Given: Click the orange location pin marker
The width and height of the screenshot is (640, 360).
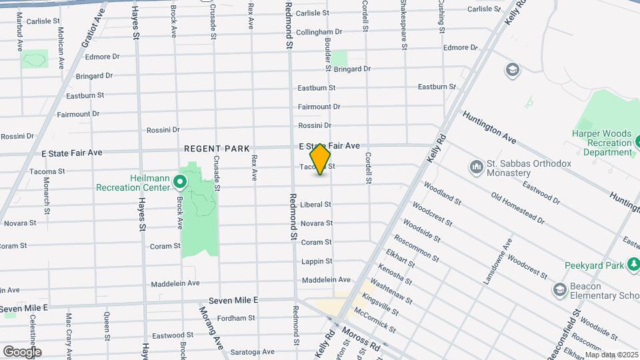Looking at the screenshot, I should point(321,159).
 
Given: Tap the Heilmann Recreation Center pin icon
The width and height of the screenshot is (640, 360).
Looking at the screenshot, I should point(179,181).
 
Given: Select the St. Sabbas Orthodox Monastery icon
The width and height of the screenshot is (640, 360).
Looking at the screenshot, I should point(477,165).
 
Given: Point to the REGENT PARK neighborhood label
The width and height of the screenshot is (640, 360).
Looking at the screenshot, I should point(217,149).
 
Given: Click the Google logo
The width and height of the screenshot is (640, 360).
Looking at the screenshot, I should point(22,351).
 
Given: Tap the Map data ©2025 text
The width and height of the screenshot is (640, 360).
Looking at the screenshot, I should point(611,355).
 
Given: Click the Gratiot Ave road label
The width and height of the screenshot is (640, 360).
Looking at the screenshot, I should point(93,31).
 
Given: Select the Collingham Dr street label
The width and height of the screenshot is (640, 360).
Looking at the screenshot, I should point(319,31).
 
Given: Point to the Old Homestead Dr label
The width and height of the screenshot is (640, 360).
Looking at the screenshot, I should point(517,208).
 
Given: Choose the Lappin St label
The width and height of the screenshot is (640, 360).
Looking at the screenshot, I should point(316,261).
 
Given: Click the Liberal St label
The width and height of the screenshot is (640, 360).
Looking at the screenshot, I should point(316,205).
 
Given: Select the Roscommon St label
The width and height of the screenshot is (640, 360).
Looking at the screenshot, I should point(416,248).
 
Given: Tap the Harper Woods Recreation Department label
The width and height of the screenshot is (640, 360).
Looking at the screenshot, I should point(602,143).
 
